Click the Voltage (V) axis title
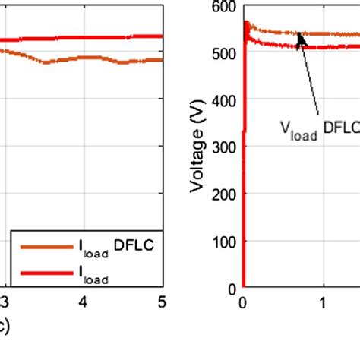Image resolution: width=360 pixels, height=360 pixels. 199,149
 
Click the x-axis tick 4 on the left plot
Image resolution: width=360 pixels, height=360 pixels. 84,302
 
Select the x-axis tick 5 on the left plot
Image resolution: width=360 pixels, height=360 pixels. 160,302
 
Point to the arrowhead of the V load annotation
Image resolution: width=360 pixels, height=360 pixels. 301,38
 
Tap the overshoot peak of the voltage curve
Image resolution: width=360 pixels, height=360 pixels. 245,24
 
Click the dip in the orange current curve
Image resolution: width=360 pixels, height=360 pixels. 46,62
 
